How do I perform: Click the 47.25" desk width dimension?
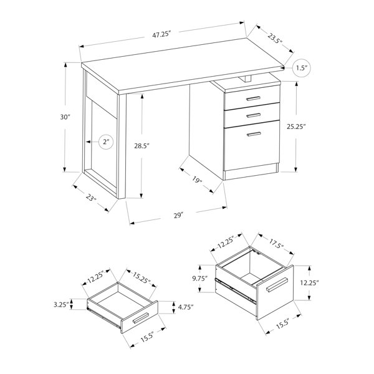point(162,34)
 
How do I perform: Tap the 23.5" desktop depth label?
point(275,39)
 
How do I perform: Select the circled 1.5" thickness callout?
point(302,68)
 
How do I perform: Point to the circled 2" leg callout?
point(106,142)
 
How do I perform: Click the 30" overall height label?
point(65,117)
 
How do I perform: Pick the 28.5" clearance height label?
point(141,146)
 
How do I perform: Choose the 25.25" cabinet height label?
point(296,127)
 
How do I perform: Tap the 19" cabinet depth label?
point(197,180)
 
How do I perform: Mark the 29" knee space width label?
point(178,216)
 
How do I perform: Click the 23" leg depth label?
point(91,198)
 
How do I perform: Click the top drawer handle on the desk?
point(253,98)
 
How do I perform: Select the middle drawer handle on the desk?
point(254,115)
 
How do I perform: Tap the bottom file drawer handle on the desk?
point(254,134)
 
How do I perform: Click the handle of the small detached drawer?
point(141,318)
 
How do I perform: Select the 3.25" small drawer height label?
point(61,305)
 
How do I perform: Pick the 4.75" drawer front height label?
point(186,307)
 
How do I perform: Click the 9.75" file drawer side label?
point(200,279)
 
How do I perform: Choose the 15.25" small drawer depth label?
point(141,278)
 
